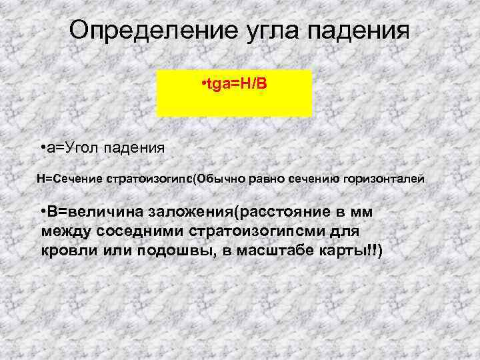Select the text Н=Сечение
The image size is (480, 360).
[65, 179]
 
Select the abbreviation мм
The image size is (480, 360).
[362, 212]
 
